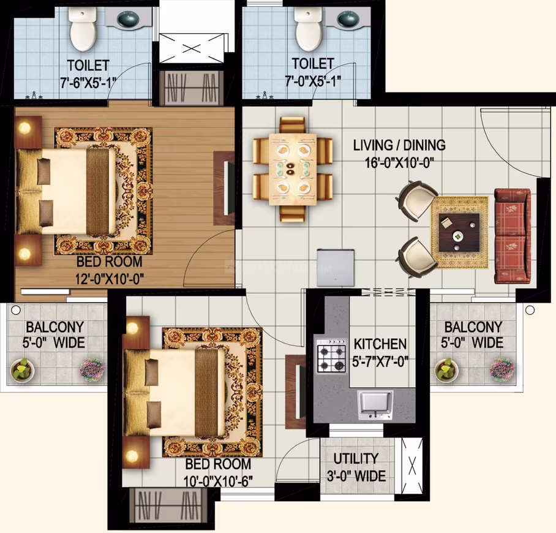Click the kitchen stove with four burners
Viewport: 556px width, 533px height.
[331, 355]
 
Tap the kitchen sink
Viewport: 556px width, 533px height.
[375, 404]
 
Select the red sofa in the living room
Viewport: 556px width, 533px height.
[513, 236]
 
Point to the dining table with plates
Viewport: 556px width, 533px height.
[293, 169]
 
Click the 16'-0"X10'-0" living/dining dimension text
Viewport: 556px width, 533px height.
[400, 163]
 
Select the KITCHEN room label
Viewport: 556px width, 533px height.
[380, 344]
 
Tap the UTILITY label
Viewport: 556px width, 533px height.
[356, 458]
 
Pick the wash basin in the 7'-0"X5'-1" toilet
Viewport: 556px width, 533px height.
[348, 18]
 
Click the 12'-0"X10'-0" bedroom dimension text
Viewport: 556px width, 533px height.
[110, 279]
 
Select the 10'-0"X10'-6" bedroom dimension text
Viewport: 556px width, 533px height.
[218, 482]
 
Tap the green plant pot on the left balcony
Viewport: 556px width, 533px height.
[22, 370]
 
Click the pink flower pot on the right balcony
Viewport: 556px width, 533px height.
[502, 370]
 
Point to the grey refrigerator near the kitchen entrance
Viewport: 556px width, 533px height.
[336, 268]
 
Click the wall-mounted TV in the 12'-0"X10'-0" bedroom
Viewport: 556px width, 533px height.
[228, 187]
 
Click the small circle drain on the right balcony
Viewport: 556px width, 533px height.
[530, 310]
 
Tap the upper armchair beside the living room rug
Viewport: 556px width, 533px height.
[418, 200]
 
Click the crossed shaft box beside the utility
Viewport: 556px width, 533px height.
[411, 465]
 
